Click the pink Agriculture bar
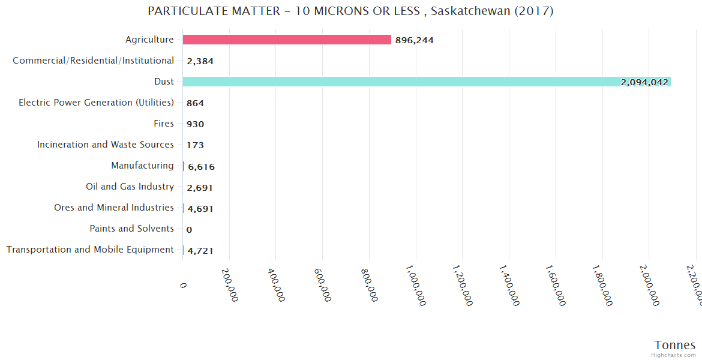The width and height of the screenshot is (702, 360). (x=287, y=40)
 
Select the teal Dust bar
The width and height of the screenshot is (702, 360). (x=426, y=82)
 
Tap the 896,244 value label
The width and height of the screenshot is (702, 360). (x=414, y=40)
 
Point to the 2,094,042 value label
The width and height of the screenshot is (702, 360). (x=644, y=82)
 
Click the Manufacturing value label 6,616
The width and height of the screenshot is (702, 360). (x=201, y=167)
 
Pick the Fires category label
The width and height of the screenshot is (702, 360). (x=164, y=124)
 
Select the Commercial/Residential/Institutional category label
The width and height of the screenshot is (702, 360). (x=94, y=61)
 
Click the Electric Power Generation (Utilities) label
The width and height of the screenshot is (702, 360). (x=97, y=103)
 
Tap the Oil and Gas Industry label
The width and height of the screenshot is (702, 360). (x=130, y=187)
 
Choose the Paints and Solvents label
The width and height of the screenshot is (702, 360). (x=131, y=229)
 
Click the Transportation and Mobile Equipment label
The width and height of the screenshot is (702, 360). (x=90, y=250)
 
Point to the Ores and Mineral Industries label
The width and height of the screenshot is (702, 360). (x=114, y=208)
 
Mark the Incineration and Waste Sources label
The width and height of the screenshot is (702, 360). (x=106, y=145)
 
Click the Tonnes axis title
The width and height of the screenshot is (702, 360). (x=675, y=345)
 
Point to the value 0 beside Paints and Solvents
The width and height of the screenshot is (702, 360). (x=189, y=230)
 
